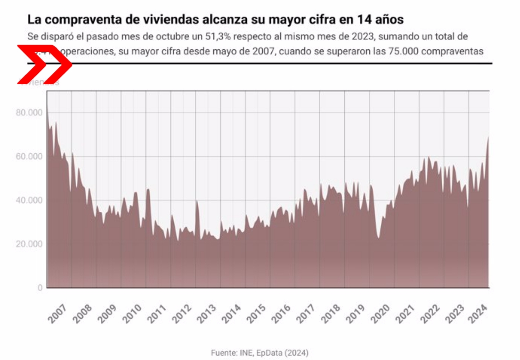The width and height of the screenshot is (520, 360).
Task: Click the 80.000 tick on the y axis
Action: point(29,113)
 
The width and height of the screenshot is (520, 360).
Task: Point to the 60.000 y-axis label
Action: point(29,156)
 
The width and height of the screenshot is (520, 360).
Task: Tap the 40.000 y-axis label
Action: point(29,200)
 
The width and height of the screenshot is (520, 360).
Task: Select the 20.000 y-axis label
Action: point(29,244)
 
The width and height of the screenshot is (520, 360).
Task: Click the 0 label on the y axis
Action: point(40,288)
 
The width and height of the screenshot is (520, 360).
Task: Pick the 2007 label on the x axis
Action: point(58,313)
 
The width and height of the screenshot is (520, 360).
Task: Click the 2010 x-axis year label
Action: point(132,313)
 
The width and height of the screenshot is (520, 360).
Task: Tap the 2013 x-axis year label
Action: point(207,313)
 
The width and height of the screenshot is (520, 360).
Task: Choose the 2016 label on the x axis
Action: point(281,313)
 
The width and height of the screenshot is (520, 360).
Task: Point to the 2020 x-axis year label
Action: point(380,313)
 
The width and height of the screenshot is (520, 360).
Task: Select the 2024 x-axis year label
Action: point(478,313)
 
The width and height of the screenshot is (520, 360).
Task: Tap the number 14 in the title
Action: point(364,19)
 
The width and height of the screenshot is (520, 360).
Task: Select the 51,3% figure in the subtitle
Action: point(218,37)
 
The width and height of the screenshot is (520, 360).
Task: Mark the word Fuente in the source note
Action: point(223,353)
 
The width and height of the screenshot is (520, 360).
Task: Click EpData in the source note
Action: point(269,353)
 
